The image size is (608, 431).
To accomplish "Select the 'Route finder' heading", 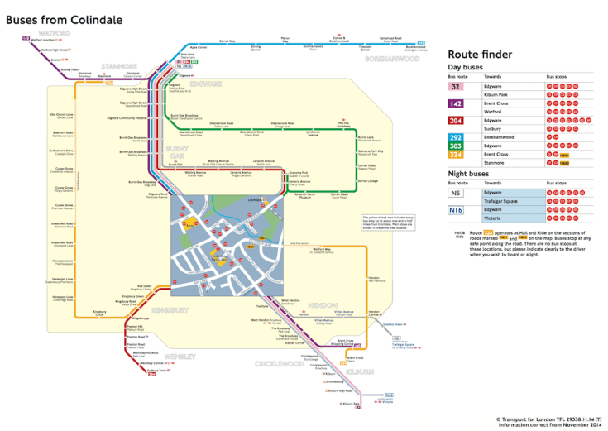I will coord(480,55).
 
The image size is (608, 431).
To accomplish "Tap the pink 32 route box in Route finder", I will coord(456,86).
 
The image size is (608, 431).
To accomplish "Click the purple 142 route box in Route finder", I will coord(456,103).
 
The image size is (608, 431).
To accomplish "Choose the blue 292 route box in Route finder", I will coord(456,137).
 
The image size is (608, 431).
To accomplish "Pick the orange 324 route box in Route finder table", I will coord(456,155).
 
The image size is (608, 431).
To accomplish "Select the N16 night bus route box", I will coord(456,210).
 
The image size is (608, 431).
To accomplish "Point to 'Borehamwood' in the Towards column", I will coord(505,137).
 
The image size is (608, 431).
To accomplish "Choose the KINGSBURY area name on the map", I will coord(170,310).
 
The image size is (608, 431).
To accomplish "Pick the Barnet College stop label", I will coord(368,180).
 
